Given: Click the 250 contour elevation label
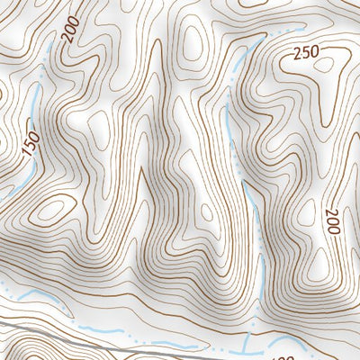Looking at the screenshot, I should [306, 54].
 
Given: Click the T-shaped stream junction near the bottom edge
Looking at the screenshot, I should [244, 341].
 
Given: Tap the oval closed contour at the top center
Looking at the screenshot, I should [192, 40].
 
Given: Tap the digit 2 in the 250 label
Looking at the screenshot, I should [297, 53].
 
